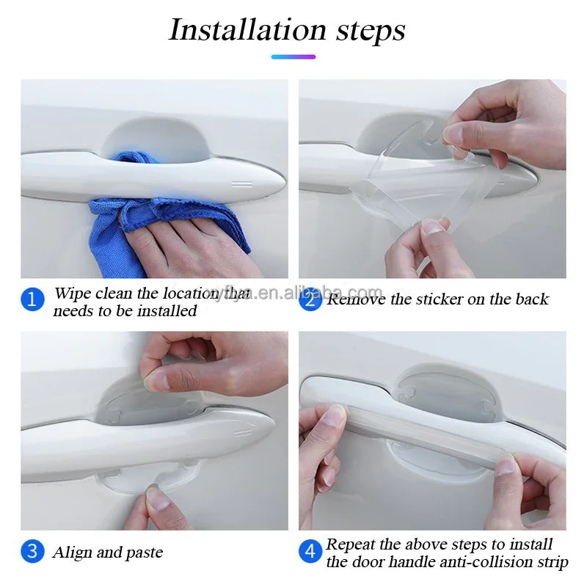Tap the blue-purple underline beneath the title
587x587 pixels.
293,56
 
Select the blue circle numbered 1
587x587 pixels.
32,299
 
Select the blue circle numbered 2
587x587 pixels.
310,299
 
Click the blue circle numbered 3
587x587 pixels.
32,552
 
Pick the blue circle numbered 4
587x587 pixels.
310,552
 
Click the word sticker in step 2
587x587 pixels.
442,299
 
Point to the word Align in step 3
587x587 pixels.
71,553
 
